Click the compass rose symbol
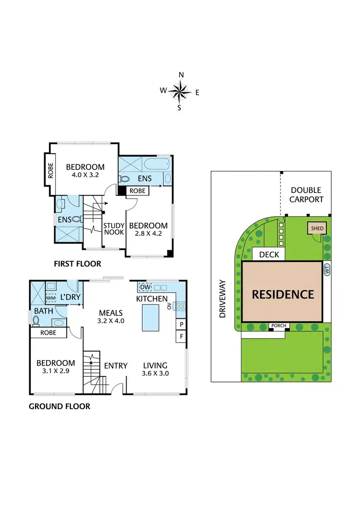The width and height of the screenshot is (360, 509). pyautogui.click(x=180, y=90)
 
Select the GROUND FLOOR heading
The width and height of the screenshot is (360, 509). pyautogui.click(x=60, y=406)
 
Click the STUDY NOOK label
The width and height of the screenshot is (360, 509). pyautogui.click(x=114, y=229)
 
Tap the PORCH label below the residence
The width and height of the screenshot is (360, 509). pyautogui.click(x=279, y=326)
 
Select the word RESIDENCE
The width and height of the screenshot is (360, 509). pyautogui.click(x=283, y=294)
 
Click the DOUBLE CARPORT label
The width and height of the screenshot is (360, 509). pyautogui.click(x=306, y=195)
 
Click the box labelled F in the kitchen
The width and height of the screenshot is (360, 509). pyautogui.click(x=181, y=336)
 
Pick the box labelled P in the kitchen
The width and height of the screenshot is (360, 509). pyautogui.click(x=181, y=325)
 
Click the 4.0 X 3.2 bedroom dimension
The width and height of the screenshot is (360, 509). pyautogui.click(x=82, y=175)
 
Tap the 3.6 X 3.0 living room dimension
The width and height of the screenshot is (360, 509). pyautogui.click(x=155, y=373)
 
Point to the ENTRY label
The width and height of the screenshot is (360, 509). pyautogui.click(x=116, y=366)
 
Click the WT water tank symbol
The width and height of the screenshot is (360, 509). pyautogui.click(x=327, y=271)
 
